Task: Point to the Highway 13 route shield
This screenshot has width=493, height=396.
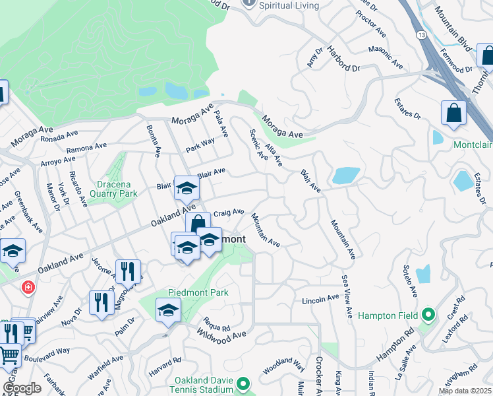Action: pyautogui.click(x=420, y=32)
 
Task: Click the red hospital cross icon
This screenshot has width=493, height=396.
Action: pyautogui.click(x=28, y=287)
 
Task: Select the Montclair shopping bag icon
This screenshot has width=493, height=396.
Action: pyautogui.click(x=454, y=112)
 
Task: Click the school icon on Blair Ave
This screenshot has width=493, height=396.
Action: pyautogui.click(x=187, y=189)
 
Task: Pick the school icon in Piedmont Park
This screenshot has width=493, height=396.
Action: pyautogui.click(x=168, y=310)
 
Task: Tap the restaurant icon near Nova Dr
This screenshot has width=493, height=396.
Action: pyautogui.click(x=101, y=303)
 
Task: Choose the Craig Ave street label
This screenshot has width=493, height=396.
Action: pyautogui.click(x=229, y=212)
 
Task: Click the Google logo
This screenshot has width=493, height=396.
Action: pyautogui.click(x=22, y=388)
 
